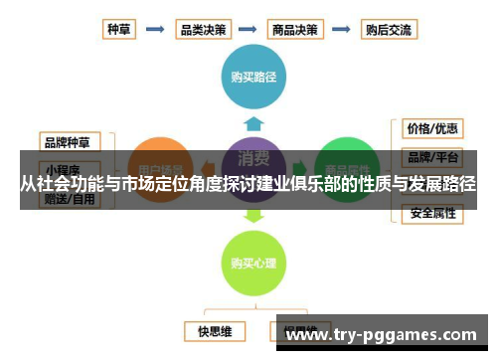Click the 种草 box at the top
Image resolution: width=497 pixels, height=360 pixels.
click(x=119, y=29)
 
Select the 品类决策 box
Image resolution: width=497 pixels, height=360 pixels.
click(x=202, y=29)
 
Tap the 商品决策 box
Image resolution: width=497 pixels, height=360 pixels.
click(x=295, y=29)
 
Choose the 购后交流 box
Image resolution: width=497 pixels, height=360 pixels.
click(x=386, y=29)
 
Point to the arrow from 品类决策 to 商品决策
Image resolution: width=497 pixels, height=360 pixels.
click(x=248, y=29)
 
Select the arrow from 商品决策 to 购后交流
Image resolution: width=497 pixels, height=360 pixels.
click(x=341, y=29)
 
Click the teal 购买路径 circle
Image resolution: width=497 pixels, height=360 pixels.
click(x=253, y=74)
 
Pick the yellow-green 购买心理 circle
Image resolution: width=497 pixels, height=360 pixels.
click(x=253, y=263)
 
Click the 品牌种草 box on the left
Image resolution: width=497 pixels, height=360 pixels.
click(x=69, y=141)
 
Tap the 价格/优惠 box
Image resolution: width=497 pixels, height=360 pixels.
click(x=431, y=129)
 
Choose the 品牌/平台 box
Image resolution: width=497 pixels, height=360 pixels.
click(x=431, y=157)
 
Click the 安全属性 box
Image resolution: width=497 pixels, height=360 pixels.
click(x=431, y=214)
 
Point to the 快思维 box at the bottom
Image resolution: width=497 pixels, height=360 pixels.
click(x=214, y=330)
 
